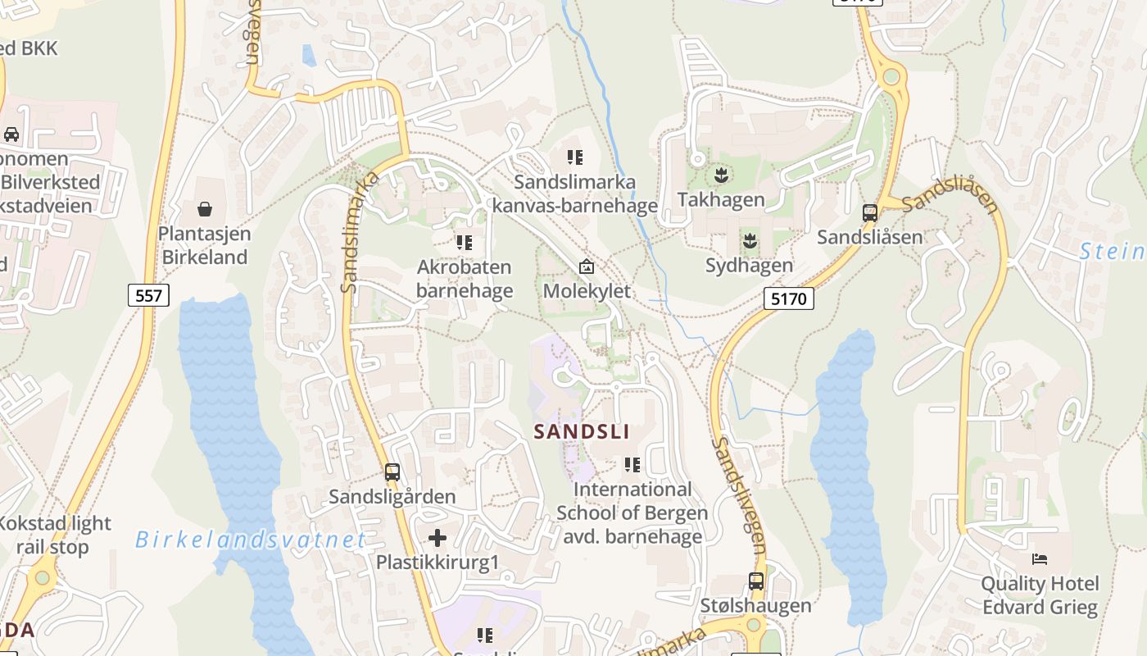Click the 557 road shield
tap(148, 295)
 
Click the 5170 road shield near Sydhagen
tap(789, 298)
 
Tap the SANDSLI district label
tap(581, 431)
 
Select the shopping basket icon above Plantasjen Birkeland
tap(204, 210)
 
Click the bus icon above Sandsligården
tap(392, 472)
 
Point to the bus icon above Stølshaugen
tap(756, 581)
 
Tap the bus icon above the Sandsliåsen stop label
tap(870, 213)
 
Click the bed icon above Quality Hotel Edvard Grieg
tap(1040, 560)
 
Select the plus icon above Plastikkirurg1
tap(437, 538)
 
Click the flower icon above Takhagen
tap(721, 175)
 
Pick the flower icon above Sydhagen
tap(749, 241)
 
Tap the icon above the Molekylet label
tap(587, 266)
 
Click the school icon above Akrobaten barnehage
tap(465, 243)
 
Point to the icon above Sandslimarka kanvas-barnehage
tap(575, 157)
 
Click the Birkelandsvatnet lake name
tap(250, 540)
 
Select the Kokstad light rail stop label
tap(54, 535)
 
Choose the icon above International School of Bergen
tap(632, 465)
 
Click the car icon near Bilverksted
tap(11, 134)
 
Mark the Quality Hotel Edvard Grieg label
tap(1040, 595)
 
